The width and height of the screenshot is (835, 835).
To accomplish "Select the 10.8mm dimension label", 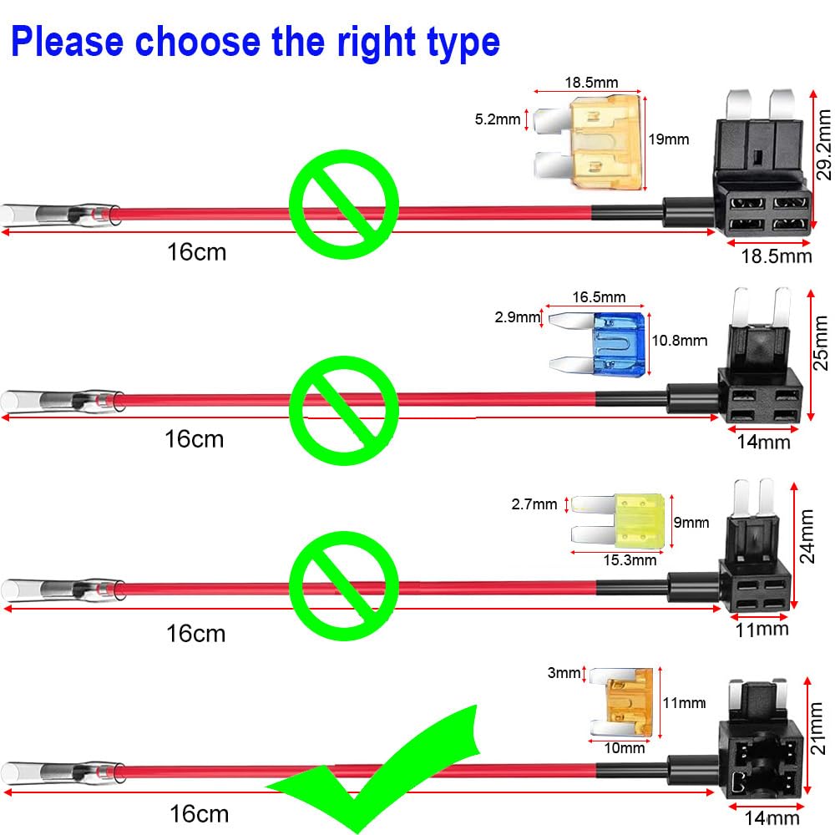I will click(x=680, y=341).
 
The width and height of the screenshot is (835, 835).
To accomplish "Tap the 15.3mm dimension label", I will click(x=630, y=560).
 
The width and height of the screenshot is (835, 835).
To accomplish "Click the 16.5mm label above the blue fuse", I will click(x=598, y=297).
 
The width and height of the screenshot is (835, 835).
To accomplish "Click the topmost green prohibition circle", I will click(x=343, y=205).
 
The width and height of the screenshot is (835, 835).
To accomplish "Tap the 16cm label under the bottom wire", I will click(x=198, y=813).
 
